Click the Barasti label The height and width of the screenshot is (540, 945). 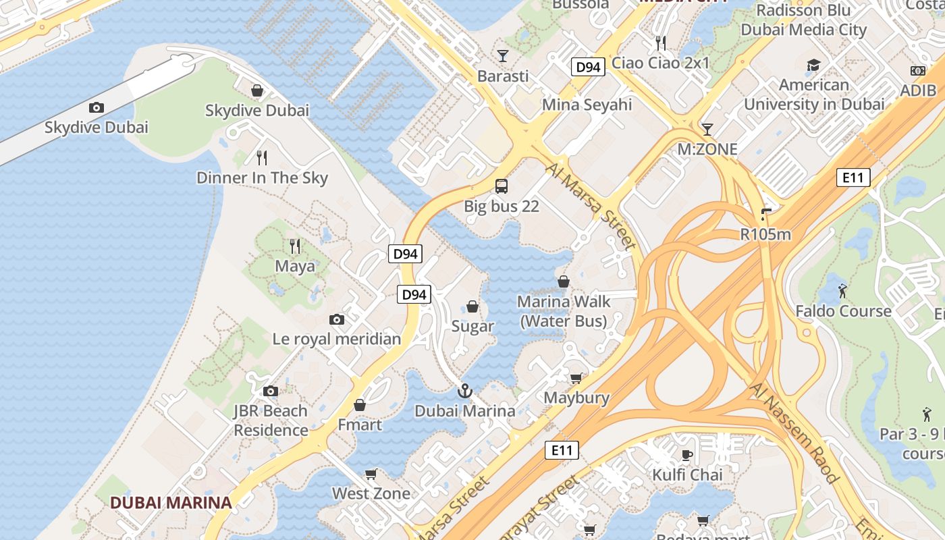coord(503,76)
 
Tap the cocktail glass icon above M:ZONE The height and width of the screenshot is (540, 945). coord(707,129)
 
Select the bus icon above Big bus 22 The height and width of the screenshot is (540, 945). coord(501,186)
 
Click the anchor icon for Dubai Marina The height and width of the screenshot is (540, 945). coord(464,391)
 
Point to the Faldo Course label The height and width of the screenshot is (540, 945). coord(843,311)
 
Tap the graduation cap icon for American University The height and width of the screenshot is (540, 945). coord(813,65)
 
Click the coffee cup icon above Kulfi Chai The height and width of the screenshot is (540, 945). coord(687,455)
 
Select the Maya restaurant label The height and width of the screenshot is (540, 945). coord(295,266)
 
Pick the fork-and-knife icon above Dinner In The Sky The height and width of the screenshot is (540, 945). coord(262,158)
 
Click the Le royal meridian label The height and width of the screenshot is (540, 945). coord(337,339)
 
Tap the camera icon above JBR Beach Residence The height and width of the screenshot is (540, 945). coord(271,391)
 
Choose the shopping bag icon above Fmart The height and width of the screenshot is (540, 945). coord(360,405)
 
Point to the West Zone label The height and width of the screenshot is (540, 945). coord(371,493)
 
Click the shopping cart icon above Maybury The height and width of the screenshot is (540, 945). coord(576,378)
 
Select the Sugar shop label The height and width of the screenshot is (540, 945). coord(473,326)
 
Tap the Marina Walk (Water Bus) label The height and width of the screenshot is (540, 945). coord(564,311)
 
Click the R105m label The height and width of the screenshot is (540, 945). coord(765,234)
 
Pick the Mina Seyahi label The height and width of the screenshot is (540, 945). coord(587,105)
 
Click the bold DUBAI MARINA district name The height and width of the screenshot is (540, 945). coord(171,503)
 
